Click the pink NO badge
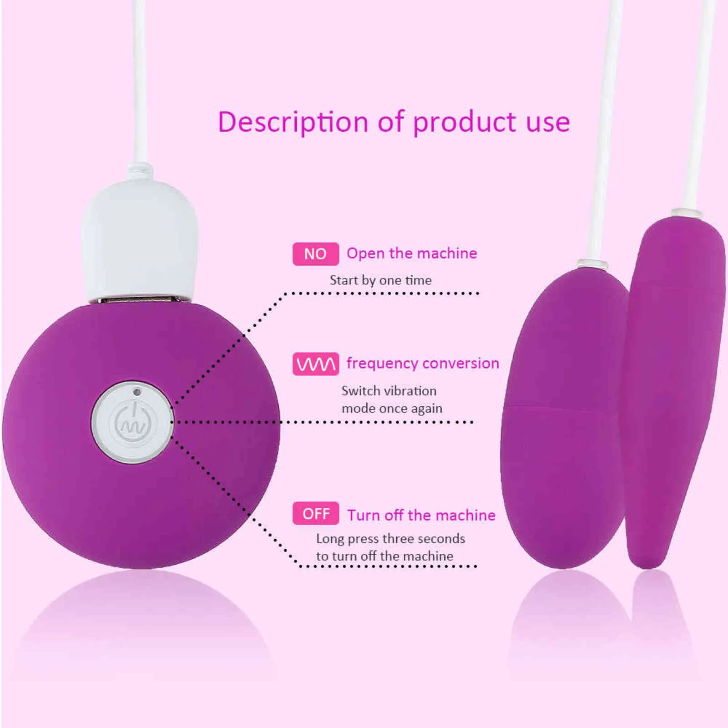[x=315, y=254]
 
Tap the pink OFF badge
[x=316, y=514]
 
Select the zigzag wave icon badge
[x=316, y=364]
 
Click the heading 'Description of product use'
[x=394, y=122]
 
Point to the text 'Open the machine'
[x=412, y=253]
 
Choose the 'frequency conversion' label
[x=423, y=364]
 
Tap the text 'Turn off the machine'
[x=421, y=516]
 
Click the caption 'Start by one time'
[x=380, y=280]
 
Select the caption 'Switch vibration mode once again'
[x=391, y=399]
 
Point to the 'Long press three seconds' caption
[x=390, y=539]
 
